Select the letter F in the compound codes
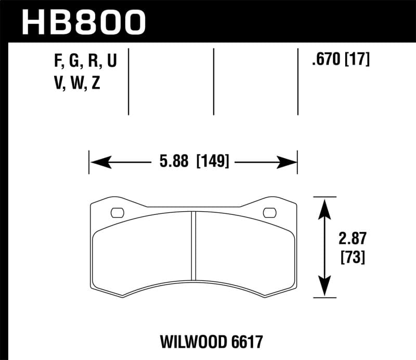click(x=58, y=62)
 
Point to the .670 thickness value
click(x=324, y=61)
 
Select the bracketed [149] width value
click(x=213, y=162)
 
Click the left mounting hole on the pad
click(x=118, y=212)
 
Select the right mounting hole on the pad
click(x=270, y=212)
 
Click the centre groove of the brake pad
click(x=193, y=245)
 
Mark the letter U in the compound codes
click(x=111, y=62)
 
